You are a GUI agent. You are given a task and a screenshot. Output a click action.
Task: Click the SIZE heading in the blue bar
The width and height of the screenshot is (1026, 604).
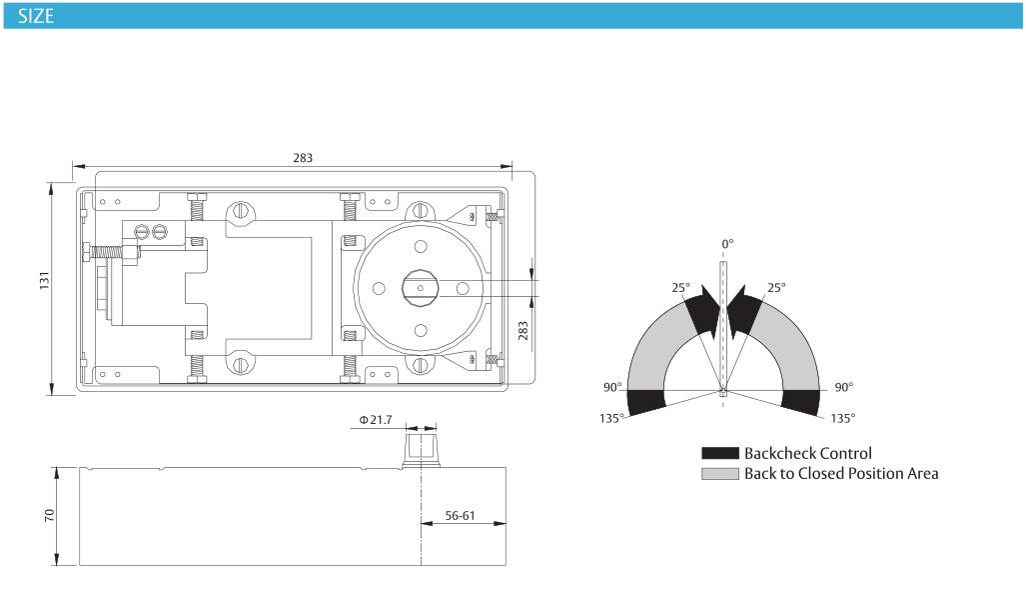point(35,16)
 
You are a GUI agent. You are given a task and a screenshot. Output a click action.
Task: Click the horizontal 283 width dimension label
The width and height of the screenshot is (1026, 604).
point(303,158)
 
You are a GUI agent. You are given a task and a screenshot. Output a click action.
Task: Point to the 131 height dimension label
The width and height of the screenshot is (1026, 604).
point(44,280)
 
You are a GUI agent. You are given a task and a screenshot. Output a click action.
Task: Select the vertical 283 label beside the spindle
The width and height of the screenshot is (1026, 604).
point(522,331)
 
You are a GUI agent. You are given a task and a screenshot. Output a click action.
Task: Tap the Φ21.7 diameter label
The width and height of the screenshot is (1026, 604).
point(376,420)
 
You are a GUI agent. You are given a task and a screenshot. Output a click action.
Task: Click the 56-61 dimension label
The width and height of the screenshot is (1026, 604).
point(460,516)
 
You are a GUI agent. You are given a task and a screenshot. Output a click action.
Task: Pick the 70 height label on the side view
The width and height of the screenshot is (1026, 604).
point(50,516)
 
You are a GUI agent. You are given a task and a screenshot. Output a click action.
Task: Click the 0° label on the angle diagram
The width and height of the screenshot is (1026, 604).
point(727,244)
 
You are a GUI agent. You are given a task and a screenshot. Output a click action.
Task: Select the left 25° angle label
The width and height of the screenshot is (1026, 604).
point(680,288)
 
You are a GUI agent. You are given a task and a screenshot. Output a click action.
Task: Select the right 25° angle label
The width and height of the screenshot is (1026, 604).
point(776,288)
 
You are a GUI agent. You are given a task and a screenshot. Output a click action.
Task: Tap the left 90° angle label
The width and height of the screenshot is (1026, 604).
point(612,387)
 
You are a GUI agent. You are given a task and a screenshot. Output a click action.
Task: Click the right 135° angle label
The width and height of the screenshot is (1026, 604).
point(843,418)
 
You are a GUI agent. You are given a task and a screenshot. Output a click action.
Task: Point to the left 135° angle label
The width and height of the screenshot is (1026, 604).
point(611,418)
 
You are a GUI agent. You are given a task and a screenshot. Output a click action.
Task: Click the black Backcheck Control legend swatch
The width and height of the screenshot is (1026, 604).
point(719,453)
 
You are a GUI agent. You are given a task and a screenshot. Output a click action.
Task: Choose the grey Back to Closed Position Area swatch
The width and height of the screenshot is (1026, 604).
point(719,474)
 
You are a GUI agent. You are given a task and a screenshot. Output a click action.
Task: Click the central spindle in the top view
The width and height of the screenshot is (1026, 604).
point(420,288)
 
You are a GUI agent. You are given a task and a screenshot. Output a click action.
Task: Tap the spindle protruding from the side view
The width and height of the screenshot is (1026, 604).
point(421,447)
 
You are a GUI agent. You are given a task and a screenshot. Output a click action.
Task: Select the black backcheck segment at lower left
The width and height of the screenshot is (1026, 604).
point(646,402)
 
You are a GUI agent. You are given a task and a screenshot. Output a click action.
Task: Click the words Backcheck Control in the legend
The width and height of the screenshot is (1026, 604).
point(808,453)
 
